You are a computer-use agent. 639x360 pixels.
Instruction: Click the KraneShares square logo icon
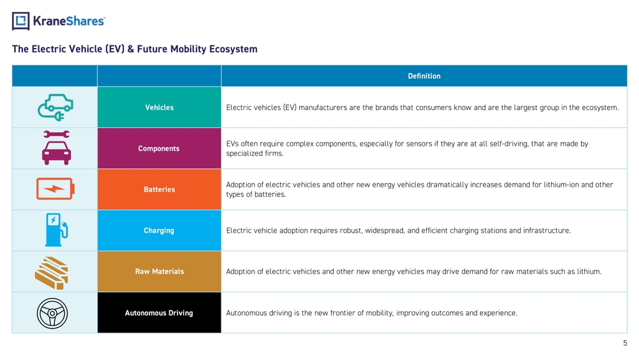click(x=21, y=21)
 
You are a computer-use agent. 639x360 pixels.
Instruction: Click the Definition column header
click(x=424, y=76)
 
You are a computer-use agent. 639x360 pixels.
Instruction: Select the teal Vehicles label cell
click(x=159, y=107)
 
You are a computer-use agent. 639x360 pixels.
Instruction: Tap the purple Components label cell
click(x=159, y=148)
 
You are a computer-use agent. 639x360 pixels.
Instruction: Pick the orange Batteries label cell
click(x=159, y=189)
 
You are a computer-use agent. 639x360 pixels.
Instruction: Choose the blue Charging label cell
click(x=159, y=230)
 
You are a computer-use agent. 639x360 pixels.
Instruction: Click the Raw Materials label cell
click(x=159, y=272)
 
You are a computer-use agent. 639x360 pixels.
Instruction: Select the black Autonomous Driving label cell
click(x=159, y=313)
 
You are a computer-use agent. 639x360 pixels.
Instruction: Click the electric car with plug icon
click(x=56, y=107)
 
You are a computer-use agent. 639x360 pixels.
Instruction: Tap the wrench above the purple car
click(x=56, y=134)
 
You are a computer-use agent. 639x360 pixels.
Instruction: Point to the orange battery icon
click(x=56, y=189)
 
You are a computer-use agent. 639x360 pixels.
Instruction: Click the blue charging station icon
click(x=56, y=230)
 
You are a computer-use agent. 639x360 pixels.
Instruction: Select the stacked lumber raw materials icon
click(x=52, y=273)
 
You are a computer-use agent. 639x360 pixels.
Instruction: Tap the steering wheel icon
click(x=52, y=313)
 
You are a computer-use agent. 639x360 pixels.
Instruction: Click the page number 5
click(x=625, y=343)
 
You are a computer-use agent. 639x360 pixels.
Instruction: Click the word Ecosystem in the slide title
click(x=233, y=49)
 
